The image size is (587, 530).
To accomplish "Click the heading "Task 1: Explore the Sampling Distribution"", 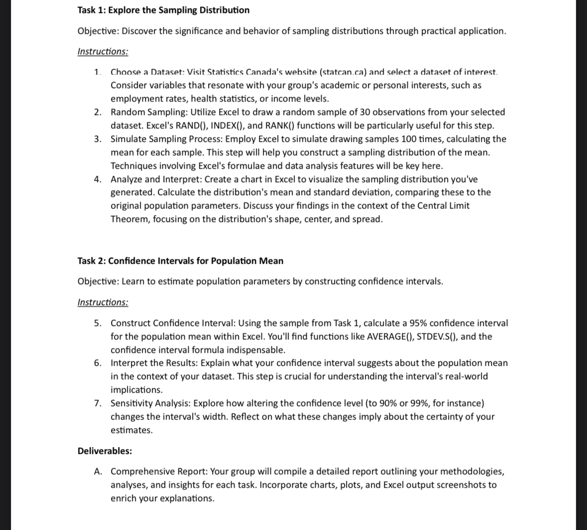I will click(163, 10).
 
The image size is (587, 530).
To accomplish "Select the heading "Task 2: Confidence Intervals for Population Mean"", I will click(180, 261).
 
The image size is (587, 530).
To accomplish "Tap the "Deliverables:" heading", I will click(105, 451).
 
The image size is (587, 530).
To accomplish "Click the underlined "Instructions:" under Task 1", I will click(103, 52).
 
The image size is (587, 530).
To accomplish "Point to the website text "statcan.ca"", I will click(343, 72).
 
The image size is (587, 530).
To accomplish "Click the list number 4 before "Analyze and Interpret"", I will click(98, 179).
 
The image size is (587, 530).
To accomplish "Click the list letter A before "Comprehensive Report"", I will click(98, 472).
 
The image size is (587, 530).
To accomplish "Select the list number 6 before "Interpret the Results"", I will click(98, 363).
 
